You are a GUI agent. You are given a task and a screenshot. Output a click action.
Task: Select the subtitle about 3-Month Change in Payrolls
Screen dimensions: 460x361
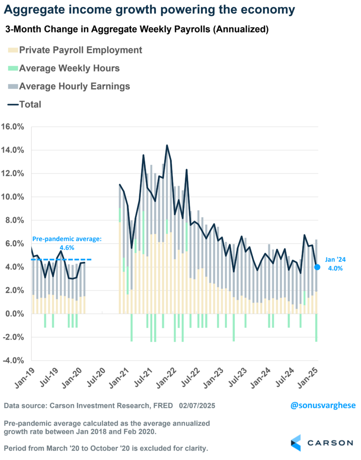click(x=137, y=30)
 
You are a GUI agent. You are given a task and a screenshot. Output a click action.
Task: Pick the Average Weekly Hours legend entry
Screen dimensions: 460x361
click(x=64, y=68)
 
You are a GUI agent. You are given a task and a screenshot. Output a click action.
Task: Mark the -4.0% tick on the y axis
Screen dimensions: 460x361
click(x=14, y=360)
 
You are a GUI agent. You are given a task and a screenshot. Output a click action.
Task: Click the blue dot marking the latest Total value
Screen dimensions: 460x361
click(x=317, y=267)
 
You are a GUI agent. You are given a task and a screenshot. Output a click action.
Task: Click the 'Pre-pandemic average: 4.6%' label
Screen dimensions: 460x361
click(x=67, y=243)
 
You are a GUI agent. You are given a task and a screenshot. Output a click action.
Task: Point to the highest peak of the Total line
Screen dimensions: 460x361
click(x=167, y=146)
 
